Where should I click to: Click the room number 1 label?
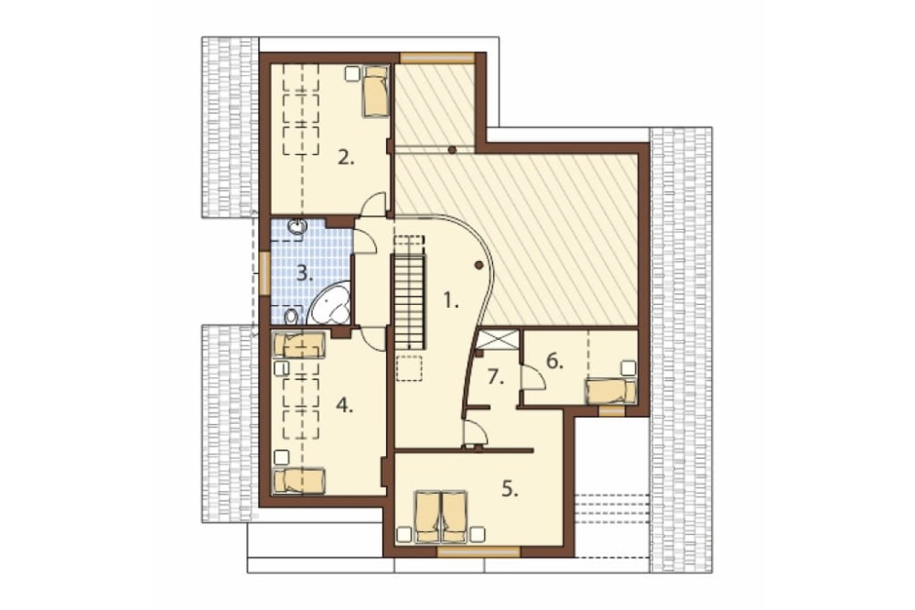click(450, 301)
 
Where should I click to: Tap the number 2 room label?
click(346, 158)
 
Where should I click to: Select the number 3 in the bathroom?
click(304, 273)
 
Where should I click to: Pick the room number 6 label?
click(554, 362)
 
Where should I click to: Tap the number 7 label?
click(495, 377)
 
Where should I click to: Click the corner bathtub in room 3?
click(330, 303)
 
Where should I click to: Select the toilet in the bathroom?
click(291, 316)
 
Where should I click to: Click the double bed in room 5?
click(441, 516)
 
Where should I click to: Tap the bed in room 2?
click(375, 92)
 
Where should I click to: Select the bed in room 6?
click(610, 391)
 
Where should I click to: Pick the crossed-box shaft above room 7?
click(498, 340)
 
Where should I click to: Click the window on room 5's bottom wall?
click(479, 550)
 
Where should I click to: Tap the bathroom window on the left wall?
click(264, 274)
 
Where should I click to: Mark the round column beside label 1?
click(479, 266)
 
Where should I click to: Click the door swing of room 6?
click(534, 376)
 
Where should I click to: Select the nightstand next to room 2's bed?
click(352, 73)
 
